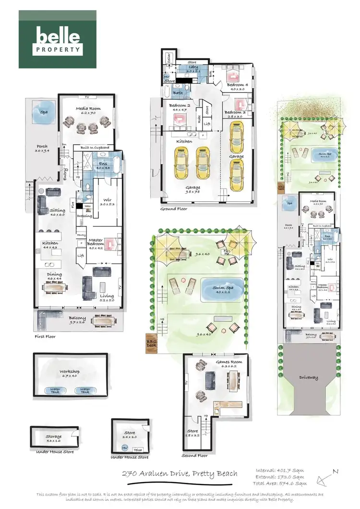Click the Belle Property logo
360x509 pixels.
[x=57, y=39]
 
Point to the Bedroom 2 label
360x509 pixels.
[x=178, y=107]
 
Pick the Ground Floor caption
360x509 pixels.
[x=173, y=209]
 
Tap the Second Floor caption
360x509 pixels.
[x=194, y=455]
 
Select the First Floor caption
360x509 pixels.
[x=45, y=336]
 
